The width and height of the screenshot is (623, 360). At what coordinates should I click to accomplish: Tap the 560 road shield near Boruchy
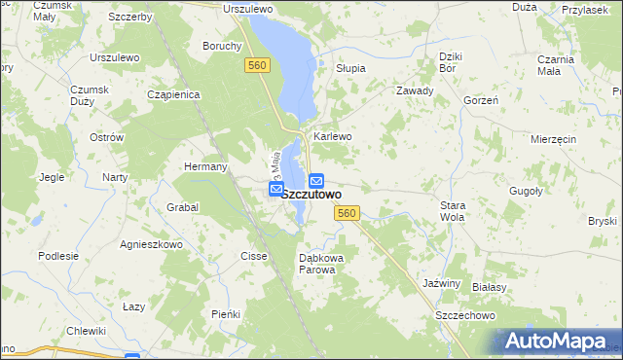pyautogui.click(x=256, y=64)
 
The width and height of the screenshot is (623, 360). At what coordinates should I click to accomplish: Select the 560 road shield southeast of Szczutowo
pyautogui.click(x=346, y=213)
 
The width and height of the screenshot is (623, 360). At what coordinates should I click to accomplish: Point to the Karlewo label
pyautogui.click(x=332, y=136)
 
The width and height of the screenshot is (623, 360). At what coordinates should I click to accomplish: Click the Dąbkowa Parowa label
pyautogui.click(x=317, y=263)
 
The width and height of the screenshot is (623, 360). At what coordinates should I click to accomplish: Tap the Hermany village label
pyautogui.click(x=205, y=166)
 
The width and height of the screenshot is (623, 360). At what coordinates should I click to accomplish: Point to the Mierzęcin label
pyautogui.click(x=554, y=139)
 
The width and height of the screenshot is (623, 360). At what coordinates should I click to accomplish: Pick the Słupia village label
pyautogui.click(x=350, y=68)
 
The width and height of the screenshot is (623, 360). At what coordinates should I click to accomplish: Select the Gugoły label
pyautogui.click(x=525, y=192)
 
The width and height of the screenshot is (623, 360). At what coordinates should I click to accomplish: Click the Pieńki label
pyautogui.click(x=226, y=313)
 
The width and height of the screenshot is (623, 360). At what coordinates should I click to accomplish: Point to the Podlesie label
pyautogui.click(x=57, y=256)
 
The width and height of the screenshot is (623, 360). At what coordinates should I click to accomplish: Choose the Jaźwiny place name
pyautogui.click(x=441, y=282)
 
